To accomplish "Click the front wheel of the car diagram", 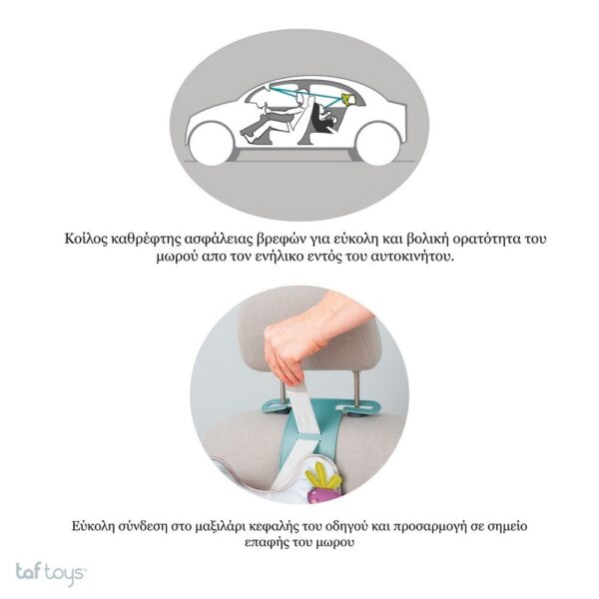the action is tap(211, 144).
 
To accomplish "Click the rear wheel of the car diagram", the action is tap(377, 144).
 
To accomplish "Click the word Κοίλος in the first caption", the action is tap(85, 239).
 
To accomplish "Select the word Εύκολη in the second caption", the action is tap(93, 527).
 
